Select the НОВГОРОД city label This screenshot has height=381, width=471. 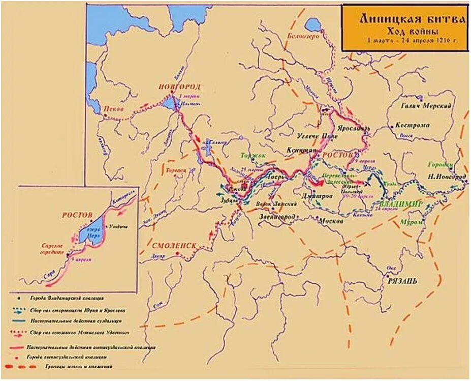179,86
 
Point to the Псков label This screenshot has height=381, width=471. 113,109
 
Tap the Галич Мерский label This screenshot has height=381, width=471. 427,105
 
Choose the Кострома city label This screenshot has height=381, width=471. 412,125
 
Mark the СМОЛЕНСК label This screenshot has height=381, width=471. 174,246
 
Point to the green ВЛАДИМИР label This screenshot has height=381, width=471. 401,204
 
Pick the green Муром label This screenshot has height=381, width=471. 412,222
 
